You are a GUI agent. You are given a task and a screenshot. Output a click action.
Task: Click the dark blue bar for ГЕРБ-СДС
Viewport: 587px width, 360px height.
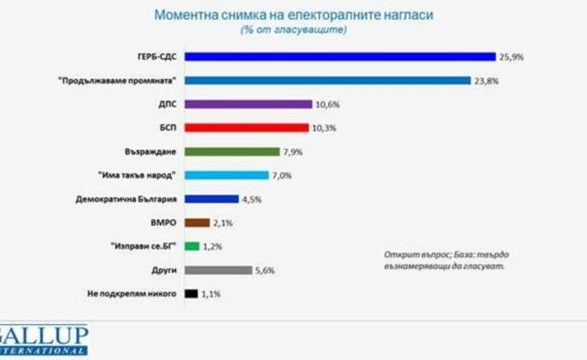click(x=340, y=56)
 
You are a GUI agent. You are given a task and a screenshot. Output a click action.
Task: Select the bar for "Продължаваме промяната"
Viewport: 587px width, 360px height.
click(x=327, y=81)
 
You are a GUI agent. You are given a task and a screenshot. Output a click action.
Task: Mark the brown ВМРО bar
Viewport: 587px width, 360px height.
click(x=196, y=222)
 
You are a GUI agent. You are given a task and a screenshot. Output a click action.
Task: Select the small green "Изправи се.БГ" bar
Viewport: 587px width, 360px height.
click(x=191, y=245)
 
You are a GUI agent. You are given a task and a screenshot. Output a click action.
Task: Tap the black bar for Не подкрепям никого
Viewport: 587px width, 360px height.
click(x=190, y=293)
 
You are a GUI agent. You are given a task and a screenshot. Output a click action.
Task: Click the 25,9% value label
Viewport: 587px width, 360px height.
click(x=512, y=56)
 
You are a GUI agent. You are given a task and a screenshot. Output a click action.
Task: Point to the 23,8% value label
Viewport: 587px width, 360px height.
click(x=487, y=81)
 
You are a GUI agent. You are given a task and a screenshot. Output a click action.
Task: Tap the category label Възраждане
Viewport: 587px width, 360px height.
click(x=149, y=151)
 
